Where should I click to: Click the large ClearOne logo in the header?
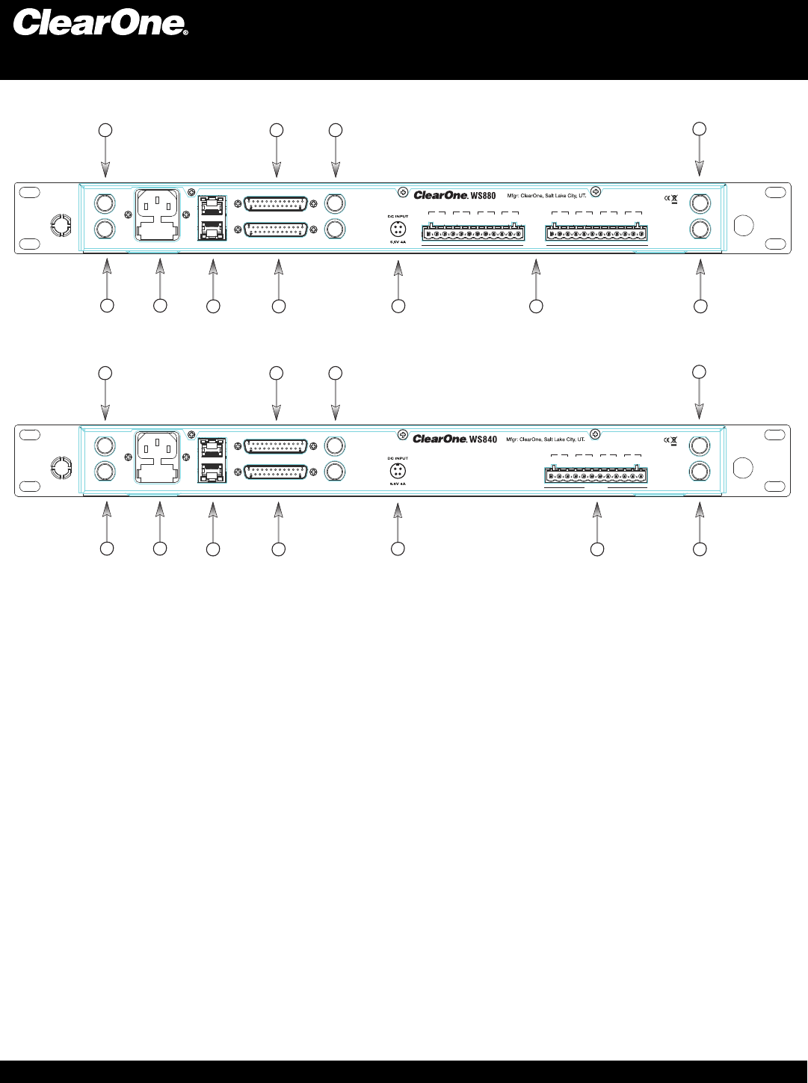click(100, 22)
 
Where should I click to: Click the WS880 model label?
click(483, 196)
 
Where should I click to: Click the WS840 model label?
click(484, 439)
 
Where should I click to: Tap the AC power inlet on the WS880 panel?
click(157, 214)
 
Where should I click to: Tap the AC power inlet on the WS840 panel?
click(157, 457)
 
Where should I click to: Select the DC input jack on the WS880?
click(398, 228)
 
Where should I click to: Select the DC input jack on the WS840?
click(398, 471)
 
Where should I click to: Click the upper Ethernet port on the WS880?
click(213, 203)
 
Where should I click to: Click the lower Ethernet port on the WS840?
click(213, 472)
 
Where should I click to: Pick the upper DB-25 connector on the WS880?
click(276, 203)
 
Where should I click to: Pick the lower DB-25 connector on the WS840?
click(276, 472)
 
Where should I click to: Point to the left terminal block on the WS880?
click(473, 233)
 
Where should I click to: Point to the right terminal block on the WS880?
click(596, 233)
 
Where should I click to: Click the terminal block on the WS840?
click(596, 475)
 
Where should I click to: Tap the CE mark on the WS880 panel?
click(667, 198)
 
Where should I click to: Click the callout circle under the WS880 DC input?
click(398, 306)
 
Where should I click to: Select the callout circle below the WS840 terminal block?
click(596, 549)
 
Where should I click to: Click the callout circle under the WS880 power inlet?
click(160, 305)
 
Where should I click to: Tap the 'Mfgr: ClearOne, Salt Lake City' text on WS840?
click(546, 439)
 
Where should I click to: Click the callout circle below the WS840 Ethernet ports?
click(213, 549)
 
